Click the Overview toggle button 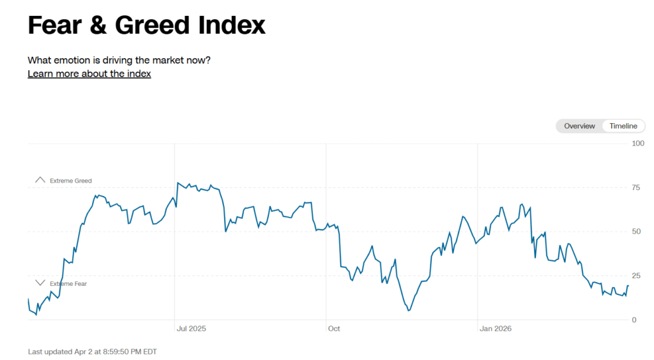click(x=579, y=126)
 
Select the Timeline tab click(x=623, y=126)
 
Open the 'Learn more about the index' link click(x=89, y=73)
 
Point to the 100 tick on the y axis click(x=637, y=143)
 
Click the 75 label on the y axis click(x=635, y=188)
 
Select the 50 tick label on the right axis click(x=635, y=232)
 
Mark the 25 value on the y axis click(x=635, y=276)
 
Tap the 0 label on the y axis click(x=634, y=320)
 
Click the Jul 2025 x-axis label click(x=191, y=329)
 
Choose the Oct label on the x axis click(x=334, y=329)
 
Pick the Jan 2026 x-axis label click(x=496, y=329)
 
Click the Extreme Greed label click(x=71, y=181)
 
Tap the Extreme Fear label click(x=68, y=283)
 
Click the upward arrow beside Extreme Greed click(x=40, y=181)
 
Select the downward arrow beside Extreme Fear click(x=40, y=283)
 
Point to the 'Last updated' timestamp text click(x=92, y=351)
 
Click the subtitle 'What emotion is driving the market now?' click(x=119, y=60)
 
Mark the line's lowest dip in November click(x=408, y=310)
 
